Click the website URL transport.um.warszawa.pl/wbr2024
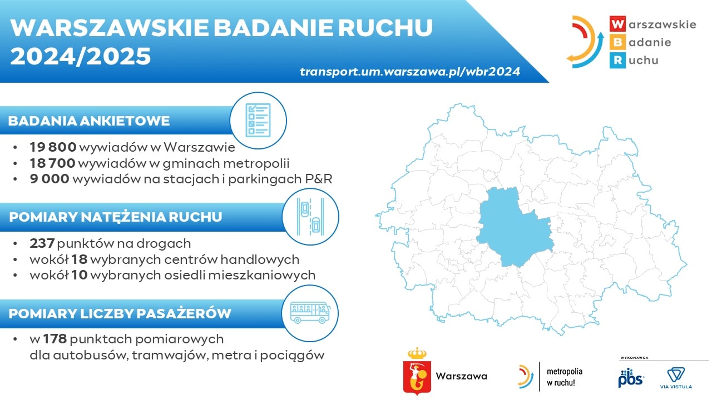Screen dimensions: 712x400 point(410,72)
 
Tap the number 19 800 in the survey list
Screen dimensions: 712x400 point(53,147)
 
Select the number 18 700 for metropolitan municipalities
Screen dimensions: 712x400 point(52,163)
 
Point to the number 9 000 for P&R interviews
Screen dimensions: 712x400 point(50,179)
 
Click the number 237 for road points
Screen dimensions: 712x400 point(42,243)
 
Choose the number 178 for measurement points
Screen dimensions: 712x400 point(55,339)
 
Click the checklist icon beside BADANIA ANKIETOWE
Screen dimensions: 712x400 point(258,121)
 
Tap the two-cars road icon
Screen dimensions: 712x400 point(310,217)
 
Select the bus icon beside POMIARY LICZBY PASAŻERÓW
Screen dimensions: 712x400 point(310,313)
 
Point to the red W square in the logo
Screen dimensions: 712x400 point(617,24)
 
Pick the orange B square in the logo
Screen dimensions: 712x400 point(617,42)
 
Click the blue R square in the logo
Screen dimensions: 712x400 point(617,61)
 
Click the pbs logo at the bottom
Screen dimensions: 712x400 point(631,378)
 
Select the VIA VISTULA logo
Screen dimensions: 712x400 point(676,378)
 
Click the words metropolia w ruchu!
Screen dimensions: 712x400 point(565,377)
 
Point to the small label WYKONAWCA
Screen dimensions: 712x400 point(634,358)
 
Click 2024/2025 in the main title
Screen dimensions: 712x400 point(81,56)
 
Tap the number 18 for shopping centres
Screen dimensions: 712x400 point(79,259)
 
